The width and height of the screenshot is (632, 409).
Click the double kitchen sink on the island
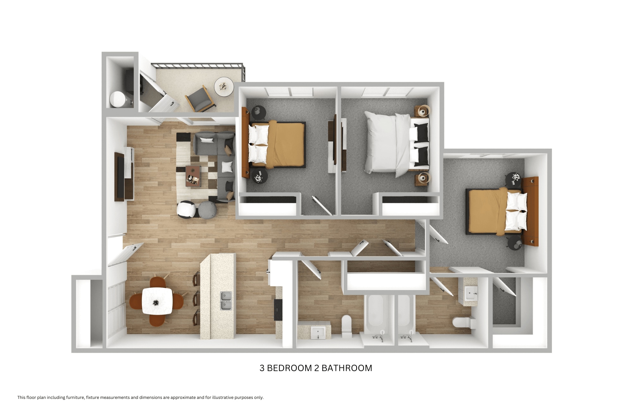click(226, 301)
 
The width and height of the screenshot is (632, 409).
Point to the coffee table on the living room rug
click(193, 176)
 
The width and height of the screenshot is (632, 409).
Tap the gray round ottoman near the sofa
click(207, 209)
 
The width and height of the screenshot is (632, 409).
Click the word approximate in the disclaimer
click(183, 398)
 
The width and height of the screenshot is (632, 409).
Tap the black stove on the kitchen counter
click(278, 310)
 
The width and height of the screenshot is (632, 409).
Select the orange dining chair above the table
click(157, 281)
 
